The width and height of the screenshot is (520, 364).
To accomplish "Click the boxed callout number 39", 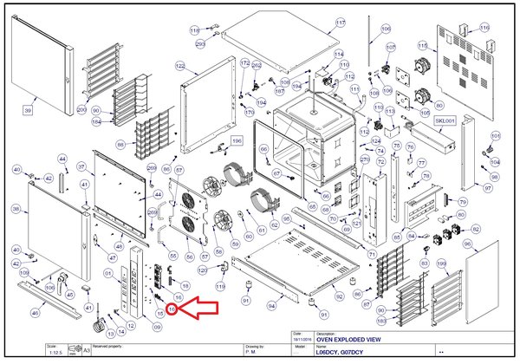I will tap(28, 110).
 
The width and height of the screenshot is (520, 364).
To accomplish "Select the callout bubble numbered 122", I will tap(180, 66).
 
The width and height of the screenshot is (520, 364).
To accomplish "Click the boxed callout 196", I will tap(237, 140).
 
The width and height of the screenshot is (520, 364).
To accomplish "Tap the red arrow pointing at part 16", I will tap(198, 305).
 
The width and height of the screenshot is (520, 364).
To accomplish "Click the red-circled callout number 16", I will tap(172, 308).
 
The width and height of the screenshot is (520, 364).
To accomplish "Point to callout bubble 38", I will tap(16, 209).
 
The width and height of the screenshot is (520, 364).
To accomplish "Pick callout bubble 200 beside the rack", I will tap(81, 109).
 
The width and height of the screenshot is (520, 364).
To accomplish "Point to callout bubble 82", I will tap(475, 228).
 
